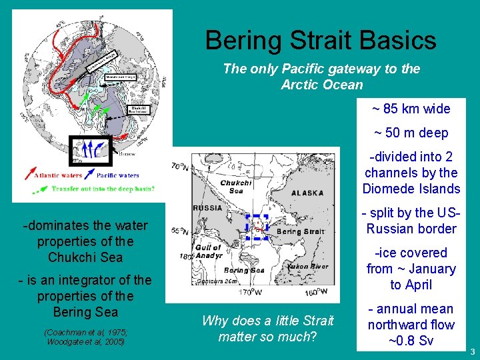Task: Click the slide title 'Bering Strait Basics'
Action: click(321, 40)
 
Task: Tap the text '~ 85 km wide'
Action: click(411, 109)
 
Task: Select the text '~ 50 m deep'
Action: click(411, 133)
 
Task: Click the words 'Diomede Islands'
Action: click(411, 189)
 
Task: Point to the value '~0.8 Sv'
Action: click(411, 341)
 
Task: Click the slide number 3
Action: click(471, 351)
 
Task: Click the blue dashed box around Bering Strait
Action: click(257, 227)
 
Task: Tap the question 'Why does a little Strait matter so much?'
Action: click(267, 329)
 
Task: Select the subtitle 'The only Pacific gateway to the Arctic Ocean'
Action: click(321, 76)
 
